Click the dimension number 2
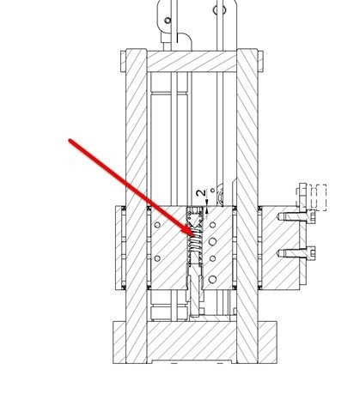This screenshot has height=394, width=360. [201, 193]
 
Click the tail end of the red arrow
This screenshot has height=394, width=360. [70, 141]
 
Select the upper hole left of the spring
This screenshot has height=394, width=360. [157, 225]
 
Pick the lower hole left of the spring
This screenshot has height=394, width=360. [157, 258]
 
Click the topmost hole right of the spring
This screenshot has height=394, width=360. [212, 225]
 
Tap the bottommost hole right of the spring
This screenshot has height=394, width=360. [212, 279]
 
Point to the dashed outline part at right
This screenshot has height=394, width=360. [316, 197]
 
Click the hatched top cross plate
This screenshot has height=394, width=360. [192, 61]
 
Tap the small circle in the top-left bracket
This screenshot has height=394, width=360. [168, 21]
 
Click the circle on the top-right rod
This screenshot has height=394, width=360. [219, 10]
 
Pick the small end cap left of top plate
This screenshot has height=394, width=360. [124, 61]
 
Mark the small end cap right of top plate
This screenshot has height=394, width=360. [260, 61]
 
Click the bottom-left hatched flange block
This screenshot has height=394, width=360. [119, 342]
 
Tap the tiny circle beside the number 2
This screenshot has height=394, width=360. [212, 190]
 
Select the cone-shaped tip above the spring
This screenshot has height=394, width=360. [195, 221]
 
